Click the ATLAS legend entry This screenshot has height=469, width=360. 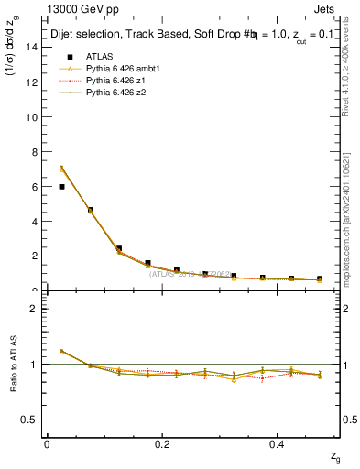tap(98, 56)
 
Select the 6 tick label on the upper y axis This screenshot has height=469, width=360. tap(33, 186)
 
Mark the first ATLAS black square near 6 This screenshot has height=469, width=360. tap(61, 186)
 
